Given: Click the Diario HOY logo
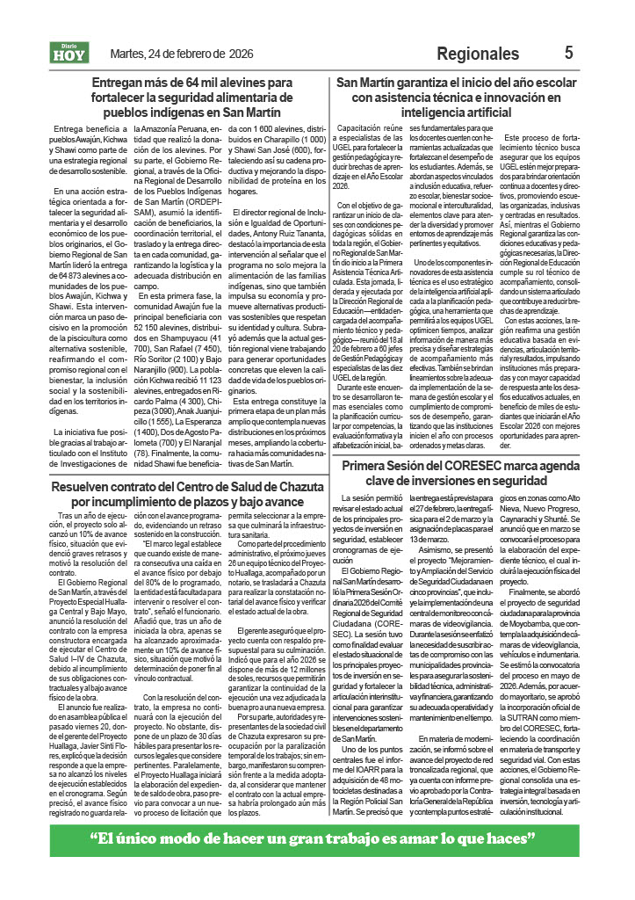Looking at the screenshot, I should click(69, 54).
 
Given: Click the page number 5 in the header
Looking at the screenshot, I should click(569, 54).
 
